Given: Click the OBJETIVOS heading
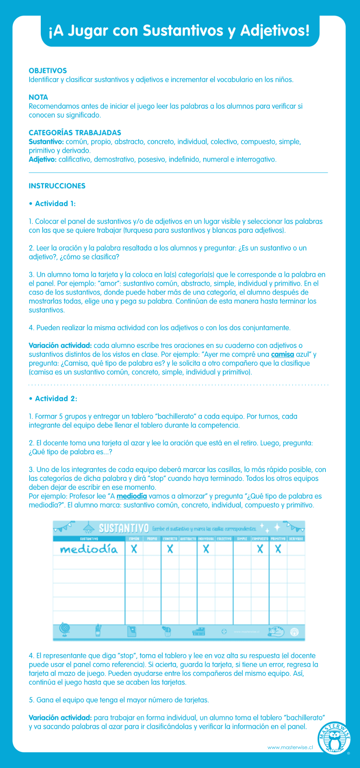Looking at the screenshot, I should [x=48, y=71].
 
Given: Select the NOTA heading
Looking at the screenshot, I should [x=38, y=97].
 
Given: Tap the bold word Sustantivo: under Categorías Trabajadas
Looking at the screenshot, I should [x=46, y=142].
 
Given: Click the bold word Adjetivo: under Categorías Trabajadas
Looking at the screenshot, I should [x=43, y=160].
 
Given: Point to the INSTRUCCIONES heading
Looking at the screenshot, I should [x=57, y=186].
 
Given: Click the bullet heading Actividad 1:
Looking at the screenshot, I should [x=55, y=204].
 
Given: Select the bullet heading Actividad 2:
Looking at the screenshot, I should [x=56, y=399].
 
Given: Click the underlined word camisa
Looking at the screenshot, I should [x=282, y=354].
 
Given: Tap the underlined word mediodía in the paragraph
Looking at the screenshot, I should [x=132, y=496].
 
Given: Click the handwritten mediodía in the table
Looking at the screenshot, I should [x=88, y=549].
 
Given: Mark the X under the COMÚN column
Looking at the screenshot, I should [x=134, y=549].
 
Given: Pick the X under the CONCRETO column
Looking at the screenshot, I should [x=170, y=549].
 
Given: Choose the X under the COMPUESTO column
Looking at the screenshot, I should [x=260, y=549].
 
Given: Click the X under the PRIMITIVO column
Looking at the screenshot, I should [x=278, y=549].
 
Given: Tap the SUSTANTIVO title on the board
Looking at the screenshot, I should [x=123, y=529].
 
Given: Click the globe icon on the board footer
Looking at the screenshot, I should [x=65, y=629].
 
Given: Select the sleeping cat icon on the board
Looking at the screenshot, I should [x=276, y=631].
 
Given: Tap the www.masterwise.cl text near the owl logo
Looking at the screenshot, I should [x=290, y=748].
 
